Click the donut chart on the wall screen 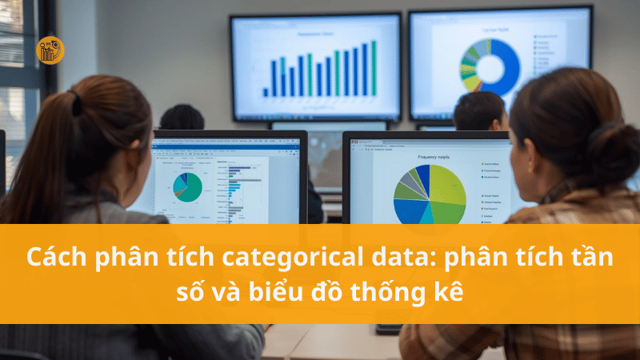489,67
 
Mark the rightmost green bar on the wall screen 374,67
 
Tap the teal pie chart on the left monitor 188,186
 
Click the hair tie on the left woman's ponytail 77,103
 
